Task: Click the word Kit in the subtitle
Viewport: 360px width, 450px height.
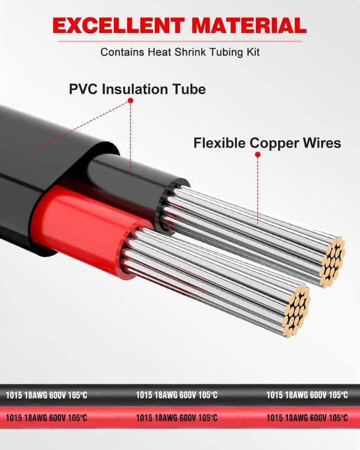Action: tap(251, 52)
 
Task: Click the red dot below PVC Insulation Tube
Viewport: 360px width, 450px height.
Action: tap(130, 101)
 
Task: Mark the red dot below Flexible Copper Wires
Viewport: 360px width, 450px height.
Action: tap(258, 154)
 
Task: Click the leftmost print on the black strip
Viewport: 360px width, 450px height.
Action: tap(46, 395)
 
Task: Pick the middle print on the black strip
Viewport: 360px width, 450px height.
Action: tap(177, 395)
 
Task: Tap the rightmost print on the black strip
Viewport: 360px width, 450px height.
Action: tap(307, 395)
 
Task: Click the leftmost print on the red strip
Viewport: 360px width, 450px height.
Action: tap(46, 418)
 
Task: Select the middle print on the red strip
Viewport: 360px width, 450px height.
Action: tap(177, 418)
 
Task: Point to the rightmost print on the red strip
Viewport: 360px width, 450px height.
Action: tap(307, 418)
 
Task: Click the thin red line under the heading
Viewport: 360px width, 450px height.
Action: tap(180, 40)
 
